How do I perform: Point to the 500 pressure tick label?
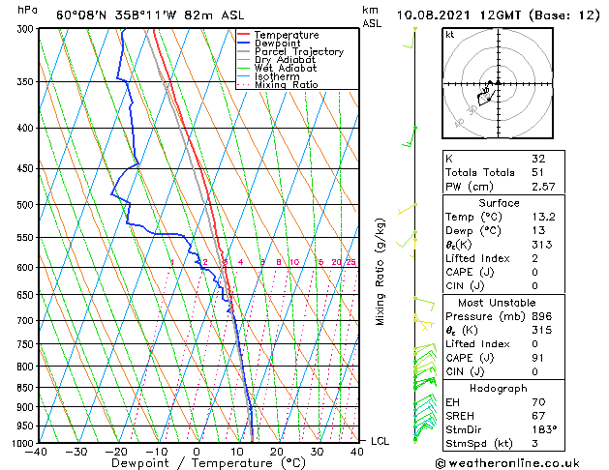pos(19,205)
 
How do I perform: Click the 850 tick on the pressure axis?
pos(19,387)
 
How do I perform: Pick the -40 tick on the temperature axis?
pos(37,452)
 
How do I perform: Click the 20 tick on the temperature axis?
pos(277,452)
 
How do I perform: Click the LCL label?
pos(381,441)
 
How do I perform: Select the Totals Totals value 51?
pos(539,172)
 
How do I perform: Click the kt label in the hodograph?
pos(450,35)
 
